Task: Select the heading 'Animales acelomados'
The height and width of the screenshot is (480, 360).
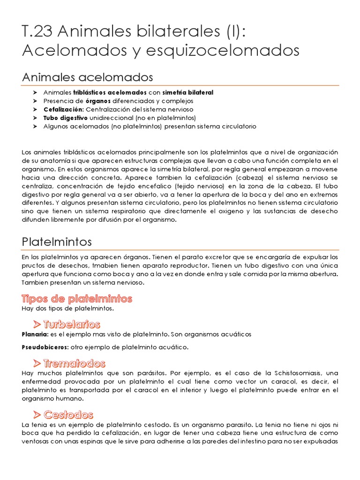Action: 88,76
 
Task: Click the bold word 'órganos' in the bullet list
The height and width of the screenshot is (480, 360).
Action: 97,101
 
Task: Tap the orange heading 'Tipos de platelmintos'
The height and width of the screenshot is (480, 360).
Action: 77,299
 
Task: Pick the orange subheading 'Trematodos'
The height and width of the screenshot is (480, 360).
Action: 75,363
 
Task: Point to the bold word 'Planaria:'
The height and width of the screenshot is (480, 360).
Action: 35,334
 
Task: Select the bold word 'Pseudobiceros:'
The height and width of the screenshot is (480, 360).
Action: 45,347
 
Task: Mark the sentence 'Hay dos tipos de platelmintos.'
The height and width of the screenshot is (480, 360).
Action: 67,308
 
